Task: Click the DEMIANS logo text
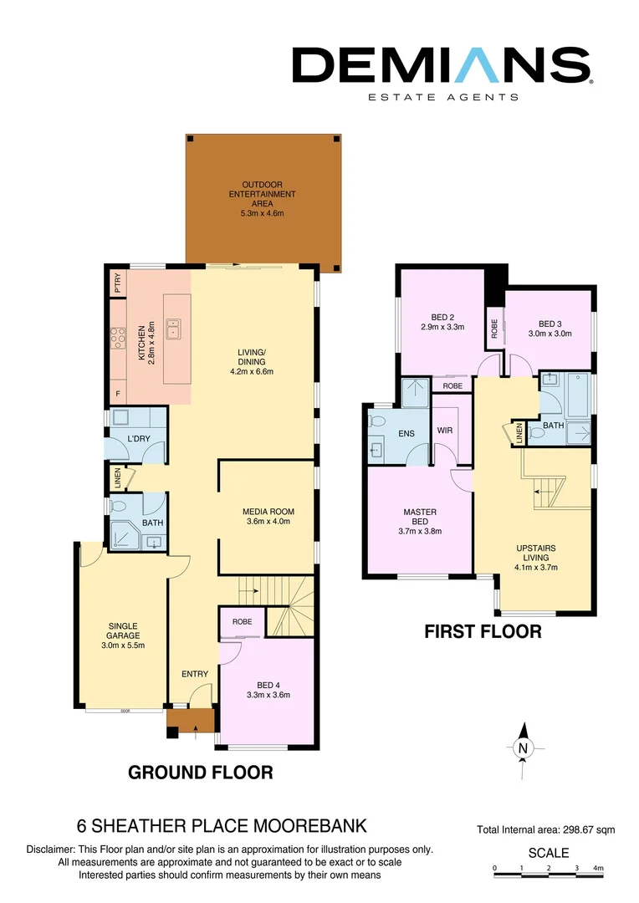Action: (442, 65)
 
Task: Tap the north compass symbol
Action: (523, 747)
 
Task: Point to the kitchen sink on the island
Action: (174, 328)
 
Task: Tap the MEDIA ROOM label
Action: (268, 512)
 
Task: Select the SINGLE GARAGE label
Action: (122, 630)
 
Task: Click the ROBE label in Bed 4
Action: (243, 622)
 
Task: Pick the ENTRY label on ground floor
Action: (193, 673)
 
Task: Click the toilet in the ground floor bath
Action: (117, 507)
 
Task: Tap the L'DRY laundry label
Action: (138, 439)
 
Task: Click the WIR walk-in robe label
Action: (445, 431)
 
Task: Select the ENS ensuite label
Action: (406, 433)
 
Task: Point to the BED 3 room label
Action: (548, 324)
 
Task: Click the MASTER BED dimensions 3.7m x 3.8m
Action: (420, 531)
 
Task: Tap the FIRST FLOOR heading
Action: (483, 632)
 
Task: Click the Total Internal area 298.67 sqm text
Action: (545, 829)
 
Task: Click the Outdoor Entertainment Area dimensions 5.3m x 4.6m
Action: (263, 213)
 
